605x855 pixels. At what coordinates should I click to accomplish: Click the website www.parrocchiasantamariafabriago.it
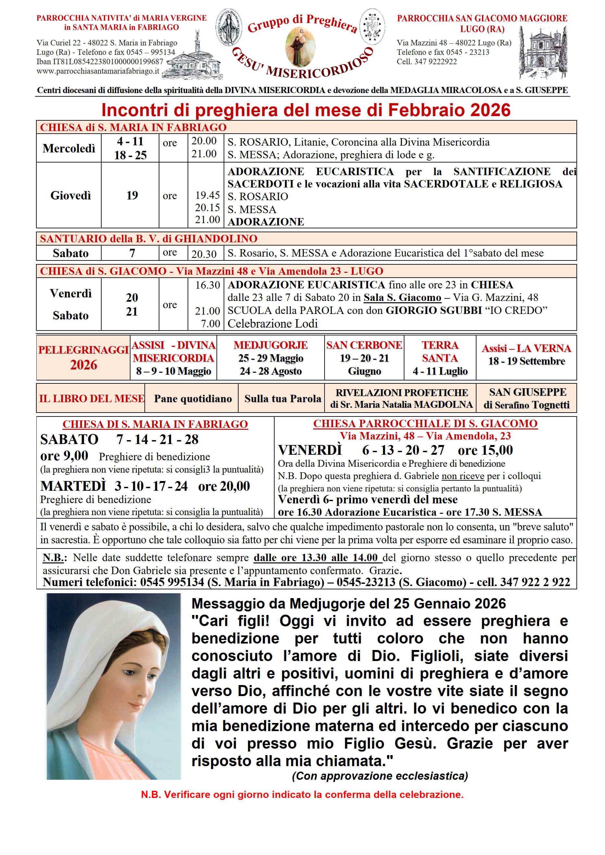point(98,71)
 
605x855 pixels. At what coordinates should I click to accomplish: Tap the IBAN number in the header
point(100,61)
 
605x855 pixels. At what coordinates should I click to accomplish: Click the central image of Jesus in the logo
point(300,47)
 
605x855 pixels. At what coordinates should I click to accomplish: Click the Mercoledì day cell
point(69,148)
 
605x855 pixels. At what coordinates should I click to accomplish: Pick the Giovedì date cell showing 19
point(132,195)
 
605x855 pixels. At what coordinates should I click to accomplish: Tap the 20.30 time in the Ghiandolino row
point(204,254)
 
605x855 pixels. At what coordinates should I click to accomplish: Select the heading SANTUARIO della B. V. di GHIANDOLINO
point(149,239)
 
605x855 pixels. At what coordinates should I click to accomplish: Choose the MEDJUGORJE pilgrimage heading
point(270,345)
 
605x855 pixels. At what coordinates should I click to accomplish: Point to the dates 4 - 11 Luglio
point(440,371)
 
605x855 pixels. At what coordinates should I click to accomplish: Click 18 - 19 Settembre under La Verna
point(526,361)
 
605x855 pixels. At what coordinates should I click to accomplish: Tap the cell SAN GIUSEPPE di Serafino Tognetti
point(526,398)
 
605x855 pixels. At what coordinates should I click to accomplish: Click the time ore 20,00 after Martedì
point(224,486)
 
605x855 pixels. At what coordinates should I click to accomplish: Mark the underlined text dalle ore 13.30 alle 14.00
point(315,558)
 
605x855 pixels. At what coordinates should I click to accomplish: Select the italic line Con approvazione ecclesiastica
point(380,776)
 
